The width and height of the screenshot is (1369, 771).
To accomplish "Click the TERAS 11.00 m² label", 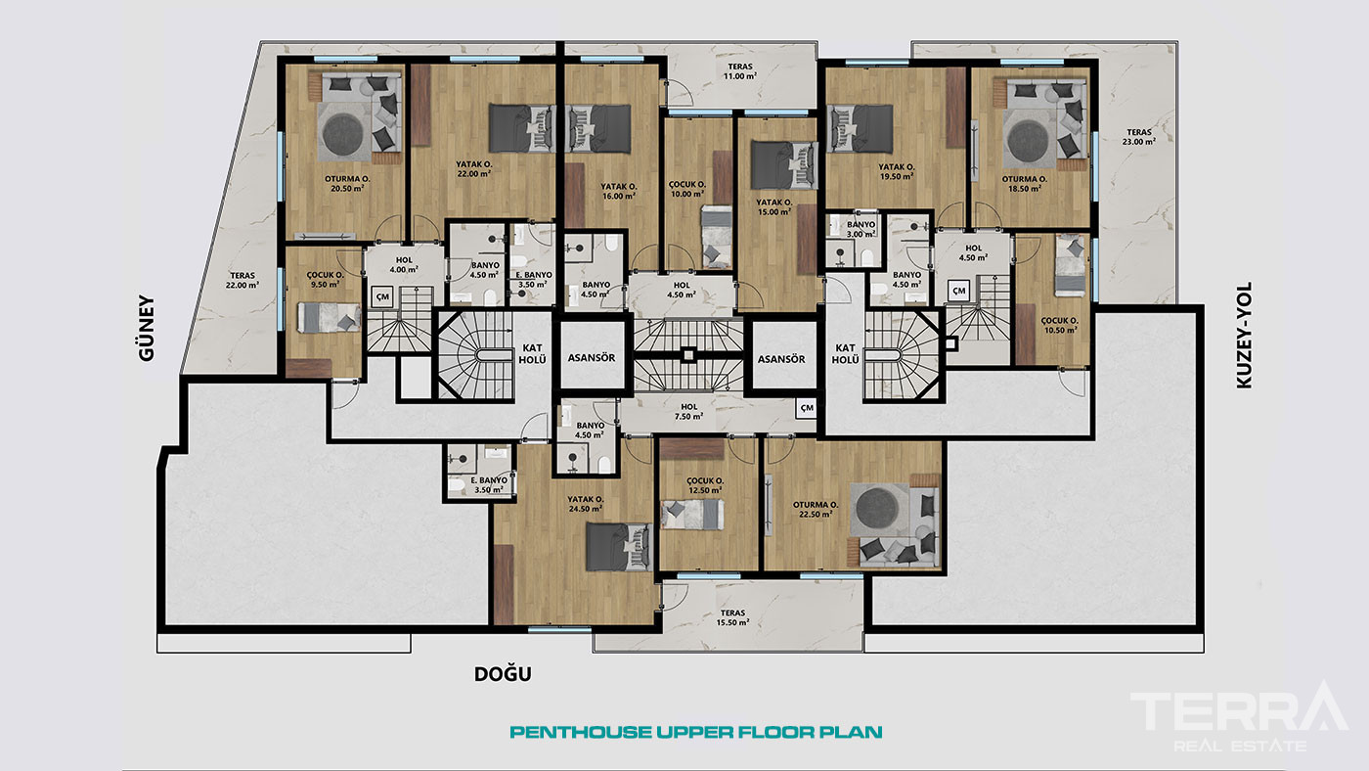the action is pyautogui.click(x=740, y=71).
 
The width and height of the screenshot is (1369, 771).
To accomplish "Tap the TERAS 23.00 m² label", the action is pyautogui.click(x=1138, y=136).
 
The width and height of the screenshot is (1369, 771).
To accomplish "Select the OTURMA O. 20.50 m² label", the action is pyautogui.click(x=347, y=183).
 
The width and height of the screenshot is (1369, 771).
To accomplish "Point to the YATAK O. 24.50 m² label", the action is pyautogui.click(x=586, y=503).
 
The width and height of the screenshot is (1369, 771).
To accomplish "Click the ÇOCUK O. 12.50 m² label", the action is pyautogui.click(x=705, y=485).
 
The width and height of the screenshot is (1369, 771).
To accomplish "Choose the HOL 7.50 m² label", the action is pyautogui.click(x=688, y=412).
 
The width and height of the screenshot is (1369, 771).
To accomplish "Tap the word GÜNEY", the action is pyautogui.click(x=147, y=329).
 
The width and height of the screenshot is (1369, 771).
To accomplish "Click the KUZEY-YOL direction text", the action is pyautogui.click(x=1244, y=335).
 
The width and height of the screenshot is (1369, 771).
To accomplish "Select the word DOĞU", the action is pyautogui.click(x=503, y=674).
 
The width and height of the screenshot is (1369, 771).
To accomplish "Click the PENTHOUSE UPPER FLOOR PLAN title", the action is pyautogui.click(x=696, y=732).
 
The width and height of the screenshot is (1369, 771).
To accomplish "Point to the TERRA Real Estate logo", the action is pyautogui.click(x=1240, y=717).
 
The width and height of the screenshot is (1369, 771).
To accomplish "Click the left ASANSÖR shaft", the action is pyautogui.click(x=592, y=358).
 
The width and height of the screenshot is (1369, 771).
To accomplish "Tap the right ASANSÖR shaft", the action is pyautogui.click(x=781, y=359).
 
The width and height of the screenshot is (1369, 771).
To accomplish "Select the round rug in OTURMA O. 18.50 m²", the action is pyautogui.click(x=1028, y=141).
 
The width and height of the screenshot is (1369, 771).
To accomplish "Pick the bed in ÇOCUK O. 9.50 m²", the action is pyautogui.click(x=330, y=317).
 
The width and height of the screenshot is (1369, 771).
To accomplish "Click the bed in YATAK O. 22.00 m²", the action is pyautogui.click(x=522, y=128).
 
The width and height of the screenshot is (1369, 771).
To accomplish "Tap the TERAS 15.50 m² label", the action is pyautogui.click(x=733, y=617).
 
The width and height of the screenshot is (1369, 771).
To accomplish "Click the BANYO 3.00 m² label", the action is pyautogui.click(x=861, y=229).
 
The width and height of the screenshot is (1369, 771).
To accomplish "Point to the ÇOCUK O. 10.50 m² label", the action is pyautogui.click(x=1059, y=325).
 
